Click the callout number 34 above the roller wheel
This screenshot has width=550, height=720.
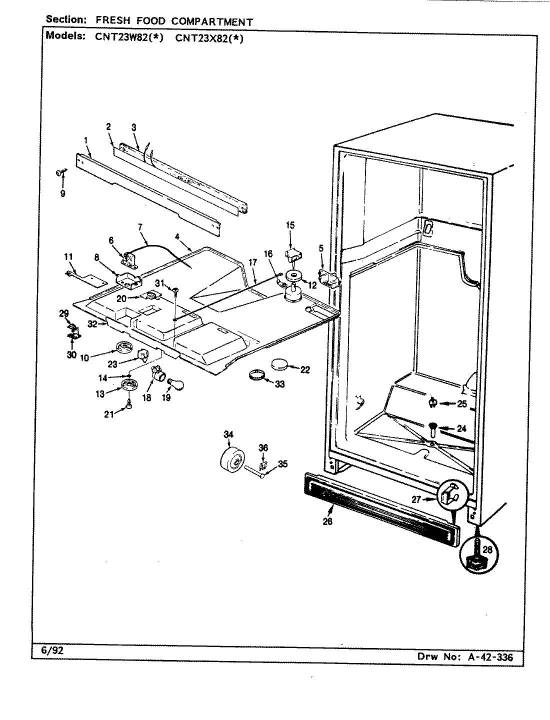tap(228, 435)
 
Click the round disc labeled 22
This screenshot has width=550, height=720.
tap(282, 365)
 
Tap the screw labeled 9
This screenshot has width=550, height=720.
tap(60, 173)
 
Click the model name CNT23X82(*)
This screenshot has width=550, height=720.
tap(209, 38)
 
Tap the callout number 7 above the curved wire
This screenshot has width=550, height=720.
tap(141, 227)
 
